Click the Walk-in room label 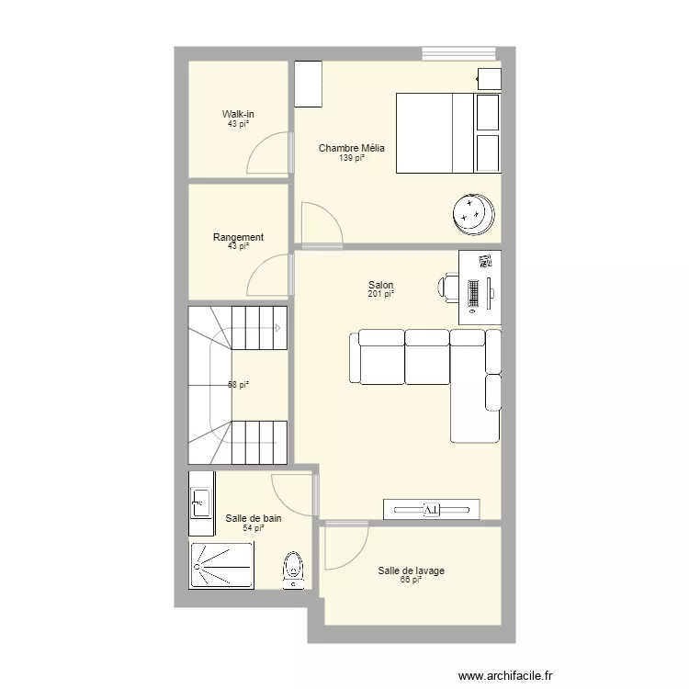[x=238, y=114]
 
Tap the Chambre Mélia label [x=351, y=148]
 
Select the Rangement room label [x=238, y=237]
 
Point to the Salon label [x=380, y=285]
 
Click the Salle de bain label [x=253, y=518]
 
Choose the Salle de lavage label [x=411, y=570]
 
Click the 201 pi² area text [x=380, y=294]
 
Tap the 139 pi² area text [x=351, y=158]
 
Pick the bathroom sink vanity [x=201, y=503]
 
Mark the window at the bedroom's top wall [x=458, y=53]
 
